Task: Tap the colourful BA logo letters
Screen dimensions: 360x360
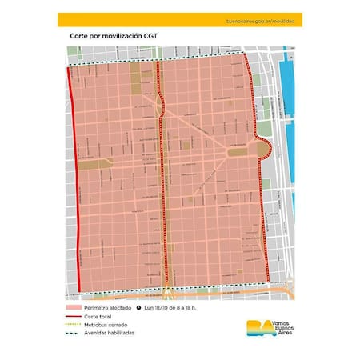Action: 251,327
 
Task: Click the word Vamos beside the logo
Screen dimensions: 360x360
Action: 279,320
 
